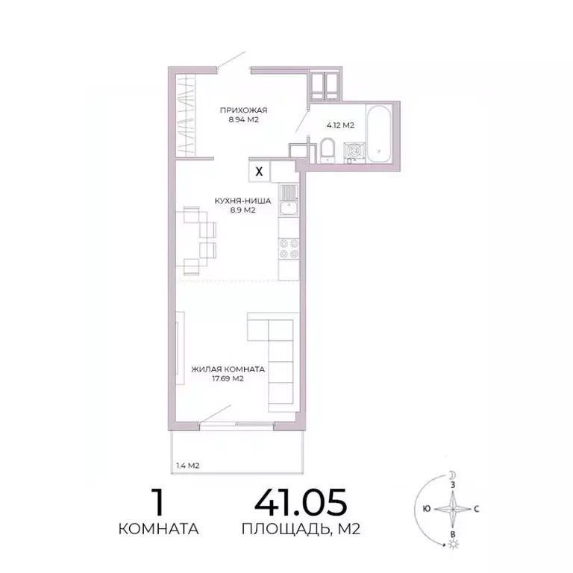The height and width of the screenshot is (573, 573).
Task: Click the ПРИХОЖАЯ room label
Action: click(242, 110)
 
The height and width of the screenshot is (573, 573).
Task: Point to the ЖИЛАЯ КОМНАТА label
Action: click(228, 369)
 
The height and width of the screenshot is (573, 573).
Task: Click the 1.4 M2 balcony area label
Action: click(187, 466)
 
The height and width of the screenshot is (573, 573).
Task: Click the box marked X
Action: click(259, 171)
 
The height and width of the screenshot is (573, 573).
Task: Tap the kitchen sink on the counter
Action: click(288, 196)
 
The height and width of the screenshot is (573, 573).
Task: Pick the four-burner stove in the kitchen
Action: click(288, 248)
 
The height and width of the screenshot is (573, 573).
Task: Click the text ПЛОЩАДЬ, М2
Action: click(301, 530)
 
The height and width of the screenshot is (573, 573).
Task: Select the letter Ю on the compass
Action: click(425, 510)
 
